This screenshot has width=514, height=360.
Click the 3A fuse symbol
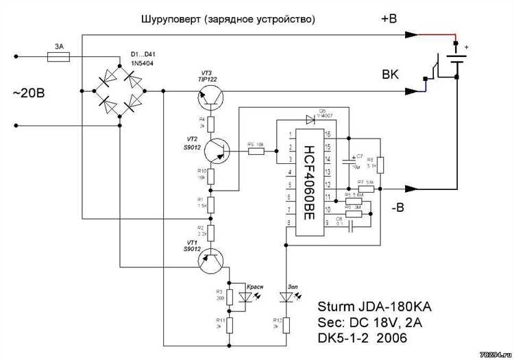[58, 60]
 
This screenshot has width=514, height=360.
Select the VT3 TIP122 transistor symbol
[210, 99]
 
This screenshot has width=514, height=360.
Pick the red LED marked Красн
[244, 297]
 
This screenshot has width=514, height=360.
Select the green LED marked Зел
[288, 297]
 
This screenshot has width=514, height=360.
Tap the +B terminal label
[389, 19]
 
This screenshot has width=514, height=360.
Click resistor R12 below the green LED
[288, 323]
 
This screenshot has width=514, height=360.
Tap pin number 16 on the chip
[328, 134]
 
